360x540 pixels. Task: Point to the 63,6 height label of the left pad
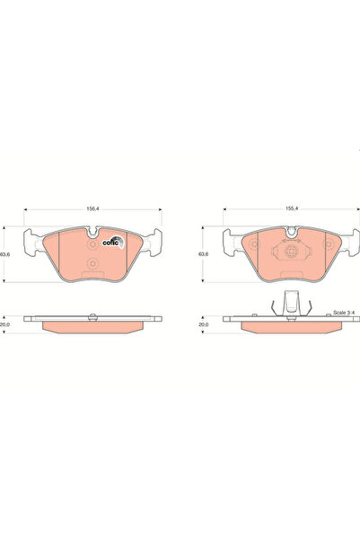tap(9, 255)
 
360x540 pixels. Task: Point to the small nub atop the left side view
tap(92, 314)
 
